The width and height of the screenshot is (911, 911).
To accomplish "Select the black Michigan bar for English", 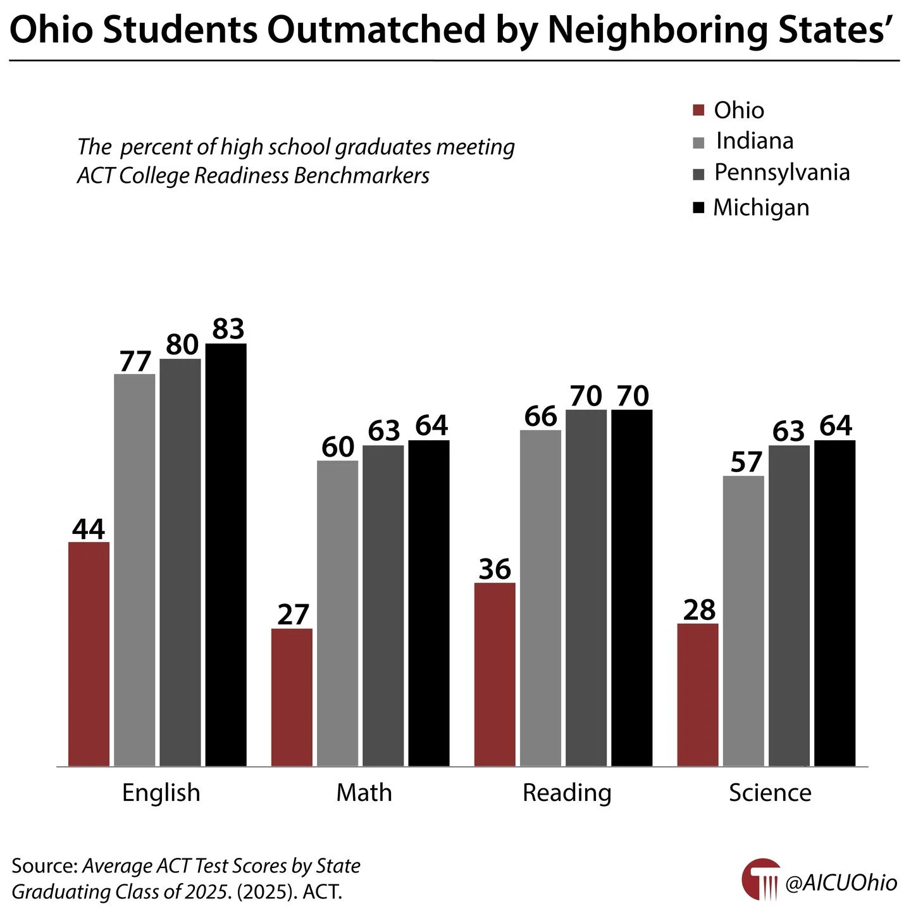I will point(226,555).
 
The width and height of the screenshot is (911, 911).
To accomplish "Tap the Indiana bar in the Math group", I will point(337,613).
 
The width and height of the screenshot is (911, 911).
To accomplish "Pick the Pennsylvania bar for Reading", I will point(586,588).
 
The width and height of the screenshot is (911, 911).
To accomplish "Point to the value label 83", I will point(228,329).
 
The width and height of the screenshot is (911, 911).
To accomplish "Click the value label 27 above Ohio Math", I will point(293,615).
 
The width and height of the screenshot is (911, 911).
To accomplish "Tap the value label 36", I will point(495,569).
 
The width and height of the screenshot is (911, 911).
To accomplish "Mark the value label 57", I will point(746,462).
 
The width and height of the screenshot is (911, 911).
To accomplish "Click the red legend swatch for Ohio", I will point(698,111).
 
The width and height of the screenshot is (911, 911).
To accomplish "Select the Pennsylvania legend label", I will point(782,173).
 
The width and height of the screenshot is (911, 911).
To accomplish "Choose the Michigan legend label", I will point(761,208).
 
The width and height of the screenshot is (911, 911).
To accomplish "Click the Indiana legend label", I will point(755,141).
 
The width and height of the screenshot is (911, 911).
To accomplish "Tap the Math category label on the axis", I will point(364,793).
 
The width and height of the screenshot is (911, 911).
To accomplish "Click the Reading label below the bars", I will point(567,793).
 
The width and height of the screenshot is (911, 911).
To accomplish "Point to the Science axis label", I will point(770,793).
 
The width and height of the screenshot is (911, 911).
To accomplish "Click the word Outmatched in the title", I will point(378,30).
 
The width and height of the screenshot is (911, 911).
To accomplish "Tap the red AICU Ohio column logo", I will point(761,879).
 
